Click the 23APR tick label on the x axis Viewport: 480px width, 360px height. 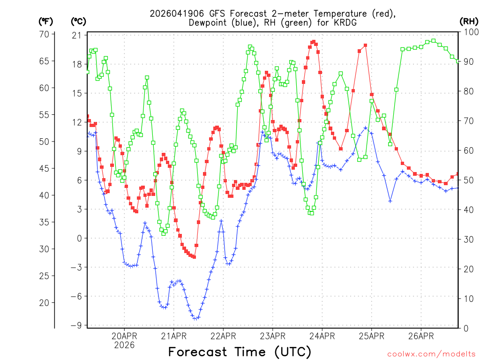273,336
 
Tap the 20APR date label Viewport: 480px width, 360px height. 124,336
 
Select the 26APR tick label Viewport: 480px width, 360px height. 421,336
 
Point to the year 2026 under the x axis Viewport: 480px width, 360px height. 124,345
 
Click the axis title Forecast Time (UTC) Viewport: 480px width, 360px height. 240,352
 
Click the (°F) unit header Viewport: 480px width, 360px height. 45,22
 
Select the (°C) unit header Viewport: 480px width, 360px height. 78,22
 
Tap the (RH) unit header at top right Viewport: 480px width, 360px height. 469,22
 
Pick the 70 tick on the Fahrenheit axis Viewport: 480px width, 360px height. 45,34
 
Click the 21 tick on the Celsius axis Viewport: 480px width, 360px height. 76,36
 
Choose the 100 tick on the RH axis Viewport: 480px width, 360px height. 469,32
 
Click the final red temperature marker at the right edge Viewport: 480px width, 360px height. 458,174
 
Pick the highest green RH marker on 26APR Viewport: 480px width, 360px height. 433,41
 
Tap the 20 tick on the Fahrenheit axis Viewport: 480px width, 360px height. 45,303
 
